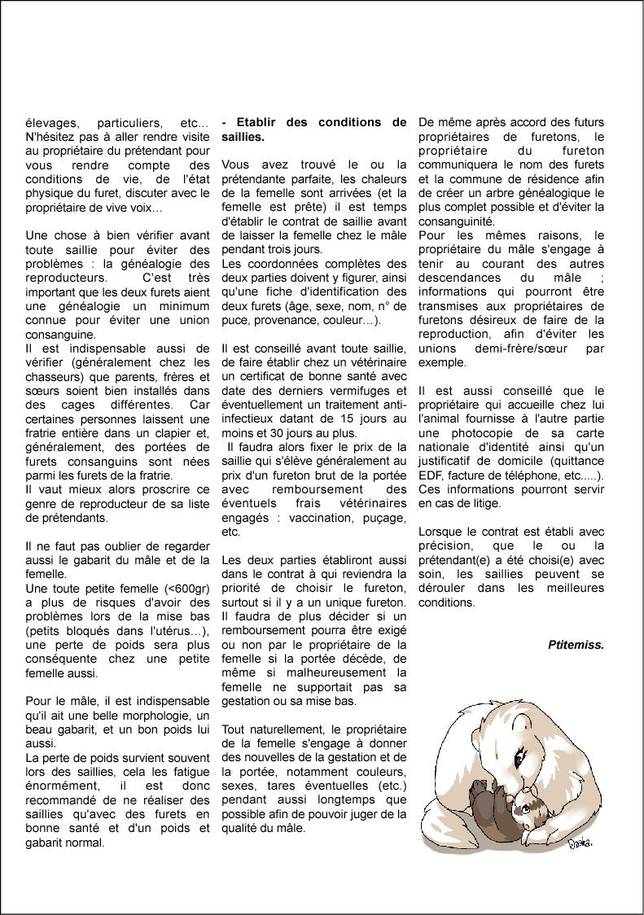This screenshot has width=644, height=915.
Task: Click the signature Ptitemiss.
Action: (576, 644)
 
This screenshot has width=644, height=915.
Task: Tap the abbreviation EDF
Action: (432, 475)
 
